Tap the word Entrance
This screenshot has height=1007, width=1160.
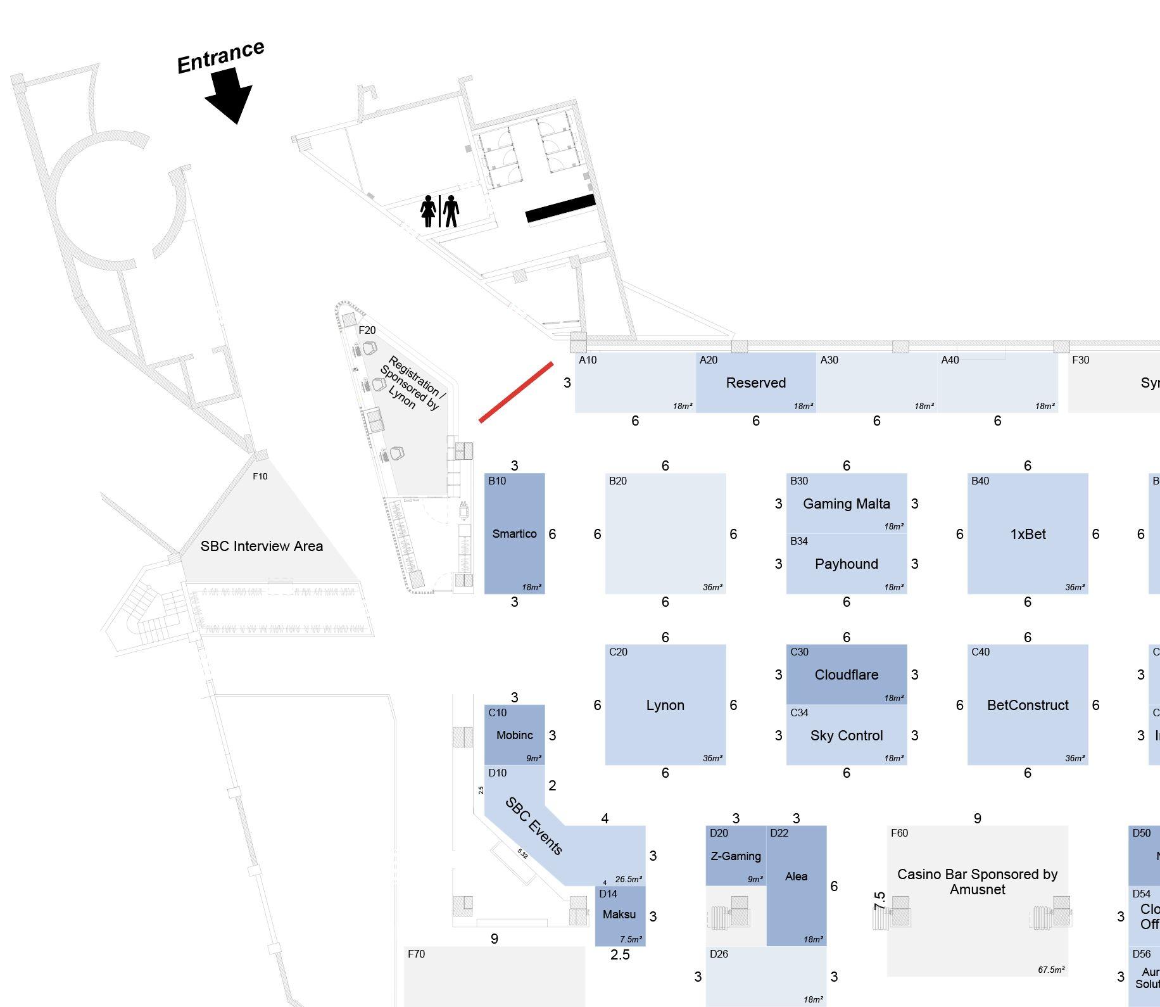click(220, 57)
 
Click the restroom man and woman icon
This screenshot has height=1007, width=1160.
click(440, 211)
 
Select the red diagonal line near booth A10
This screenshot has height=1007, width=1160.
click(516, 392)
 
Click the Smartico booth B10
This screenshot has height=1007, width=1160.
click(514, 533)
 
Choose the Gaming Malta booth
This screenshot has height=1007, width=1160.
click(846, 503)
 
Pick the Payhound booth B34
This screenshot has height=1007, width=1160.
click(846, 564)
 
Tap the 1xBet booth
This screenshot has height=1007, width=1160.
click(1027, 534)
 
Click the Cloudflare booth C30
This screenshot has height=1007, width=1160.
click(846, 674)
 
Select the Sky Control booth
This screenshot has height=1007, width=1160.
click(846, 735)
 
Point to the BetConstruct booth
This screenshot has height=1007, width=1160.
click(1027, 705)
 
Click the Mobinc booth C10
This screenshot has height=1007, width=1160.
click(514, 735)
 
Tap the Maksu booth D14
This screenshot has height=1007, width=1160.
click(619, 915)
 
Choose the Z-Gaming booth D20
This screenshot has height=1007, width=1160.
click(736, 856)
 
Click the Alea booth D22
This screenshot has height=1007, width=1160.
click(796, 877)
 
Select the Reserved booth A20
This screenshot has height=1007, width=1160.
click(755, 383)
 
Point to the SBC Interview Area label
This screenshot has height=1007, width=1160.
click(262, 546)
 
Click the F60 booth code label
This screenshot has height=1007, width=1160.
click(899, 833)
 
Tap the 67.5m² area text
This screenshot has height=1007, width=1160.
click(1050, 970)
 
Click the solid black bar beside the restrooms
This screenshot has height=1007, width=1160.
click(560, 209)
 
